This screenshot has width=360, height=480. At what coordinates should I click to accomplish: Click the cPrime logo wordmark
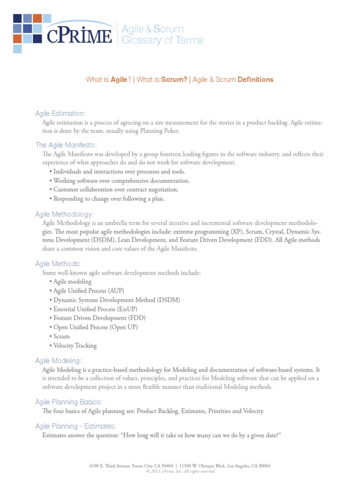click(79, 36)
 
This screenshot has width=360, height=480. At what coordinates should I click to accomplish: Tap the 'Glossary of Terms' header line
click(162, 40)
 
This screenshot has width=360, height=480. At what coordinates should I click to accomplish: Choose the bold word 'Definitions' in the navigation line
click(255, 80)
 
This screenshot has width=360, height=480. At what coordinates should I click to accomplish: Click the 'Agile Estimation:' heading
click(60, 113)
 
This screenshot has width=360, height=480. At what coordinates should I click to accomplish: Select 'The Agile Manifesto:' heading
click(66, 145)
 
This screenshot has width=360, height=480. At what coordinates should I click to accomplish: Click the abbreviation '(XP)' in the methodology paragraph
click(236, 232)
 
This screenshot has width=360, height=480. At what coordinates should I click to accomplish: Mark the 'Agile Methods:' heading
click(58, 264)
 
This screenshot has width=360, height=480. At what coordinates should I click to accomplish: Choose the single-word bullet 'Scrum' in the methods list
click(61, 336)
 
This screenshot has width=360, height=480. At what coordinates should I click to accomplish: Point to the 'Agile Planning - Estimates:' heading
click(75, 426)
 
